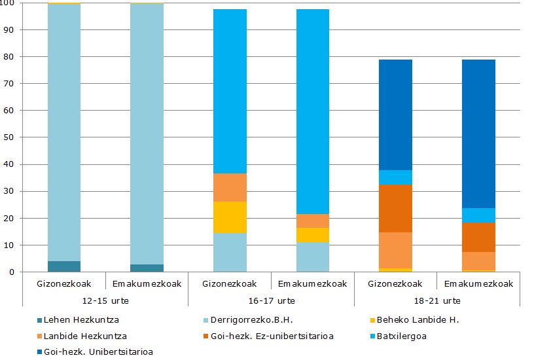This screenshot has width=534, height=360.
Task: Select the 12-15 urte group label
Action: pyautogui.click(x=105, y=300)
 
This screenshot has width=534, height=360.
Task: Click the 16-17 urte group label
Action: pyautogui.click(x=271, y=300)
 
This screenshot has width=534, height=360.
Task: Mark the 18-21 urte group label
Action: pyautogui.click(x=436, y=300)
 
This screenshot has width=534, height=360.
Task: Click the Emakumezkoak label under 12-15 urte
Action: pyautogui.click(x=147, y=283)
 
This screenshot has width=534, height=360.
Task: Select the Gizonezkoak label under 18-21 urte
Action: pyautogui.click(x=395, y=283)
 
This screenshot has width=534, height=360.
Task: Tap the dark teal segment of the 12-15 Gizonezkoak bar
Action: pyautogui.click(x=64, y=266)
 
